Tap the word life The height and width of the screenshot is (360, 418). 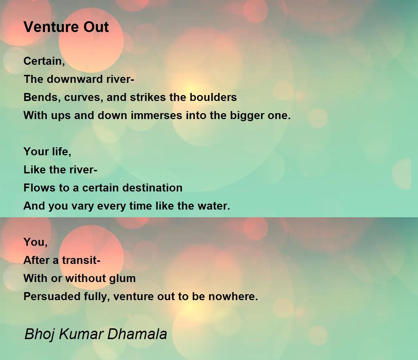pos(61,151)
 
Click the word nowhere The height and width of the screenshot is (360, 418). pos(233,297)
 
